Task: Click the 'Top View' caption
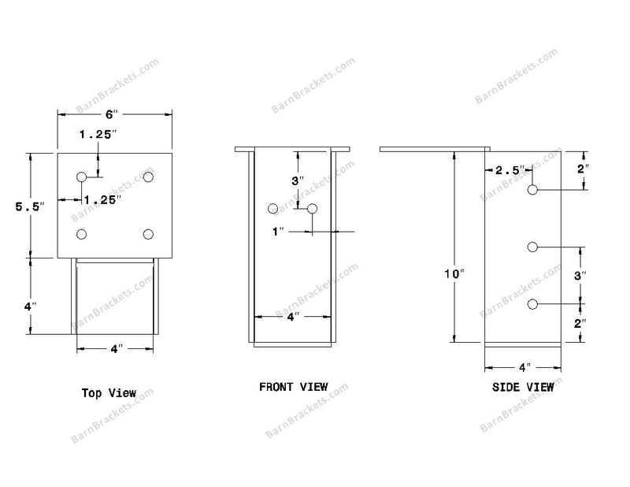click(109, 393)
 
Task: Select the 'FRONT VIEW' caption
click(294, 387)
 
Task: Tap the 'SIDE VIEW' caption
click(523, 387)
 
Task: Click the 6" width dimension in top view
click(112, 114)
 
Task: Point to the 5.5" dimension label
click(30, 206)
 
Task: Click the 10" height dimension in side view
click(454, 274)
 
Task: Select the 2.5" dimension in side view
click(510, 170)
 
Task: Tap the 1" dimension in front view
click(278, 232)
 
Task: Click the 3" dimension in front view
click(298, 180)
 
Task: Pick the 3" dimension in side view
click(580, 276)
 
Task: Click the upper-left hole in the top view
click(82, 177)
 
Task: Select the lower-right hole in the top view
click(148, 234)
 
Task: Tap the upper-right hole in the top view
click(148, 177)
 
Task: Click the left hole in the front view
click(272, 209)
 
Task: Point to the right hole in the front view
click(312, 209)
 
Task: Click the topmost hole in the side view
click(532, 189)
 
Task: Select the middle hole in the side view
click(532, 247)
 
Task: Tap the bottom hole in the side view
click(532, 304)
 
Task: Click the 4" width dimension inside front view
click(293, 317)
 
